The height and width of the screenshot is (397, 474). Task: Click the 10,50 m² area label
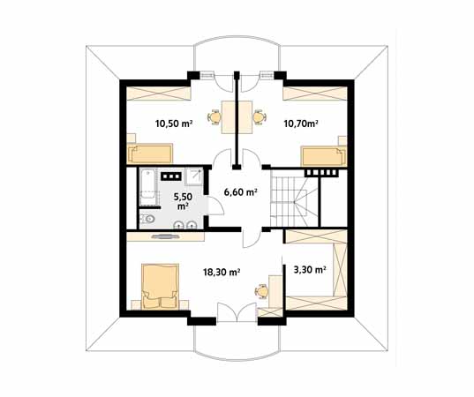click(174, 124)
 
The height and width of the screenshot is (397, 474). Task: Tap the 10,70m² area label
click(301, 123)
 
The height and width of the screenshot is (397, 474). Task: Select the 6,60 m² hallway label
click(241, 191)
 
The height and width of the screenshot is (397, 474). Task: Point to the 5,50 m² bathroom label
click(183, 201)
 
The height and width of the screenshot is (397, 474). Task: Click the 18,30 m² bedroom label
click(222, 273)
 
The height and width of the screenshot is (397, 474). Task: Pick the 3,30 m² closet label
click(310, 269)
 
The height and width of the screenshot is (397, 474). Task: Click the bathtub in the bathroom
click(147, 187)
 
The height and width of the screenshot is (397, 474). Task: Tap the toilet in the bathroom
click(147, 219)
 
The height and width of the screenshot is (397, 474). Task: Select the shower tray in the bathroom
click(194, 176)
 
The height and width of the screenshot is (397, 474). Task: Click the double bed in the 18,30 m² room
click(160, 287)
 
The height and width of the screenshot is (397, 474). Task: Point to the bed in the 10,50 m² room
click(150, 154)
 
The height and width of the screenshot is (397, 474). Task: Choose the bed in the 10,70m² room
click(323, 156)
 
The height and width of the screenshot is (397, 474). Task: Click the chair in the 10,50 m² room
click(214, 117)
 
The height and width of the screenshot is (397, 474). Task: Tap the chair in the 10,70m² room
click(260, 117)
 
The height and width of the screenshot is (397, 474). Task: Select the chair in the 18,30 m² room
click(261, 291)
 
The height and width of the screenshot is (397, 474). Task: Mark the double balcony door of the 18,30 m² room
click(237, 312)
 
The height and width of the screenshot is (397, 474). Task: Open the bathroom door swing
click(216, 206)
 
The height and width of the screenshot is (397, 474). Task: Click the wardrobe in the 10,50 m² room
click(158, 93)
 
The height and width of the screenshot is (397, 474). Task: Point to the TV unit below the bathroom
click(165, 236)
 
